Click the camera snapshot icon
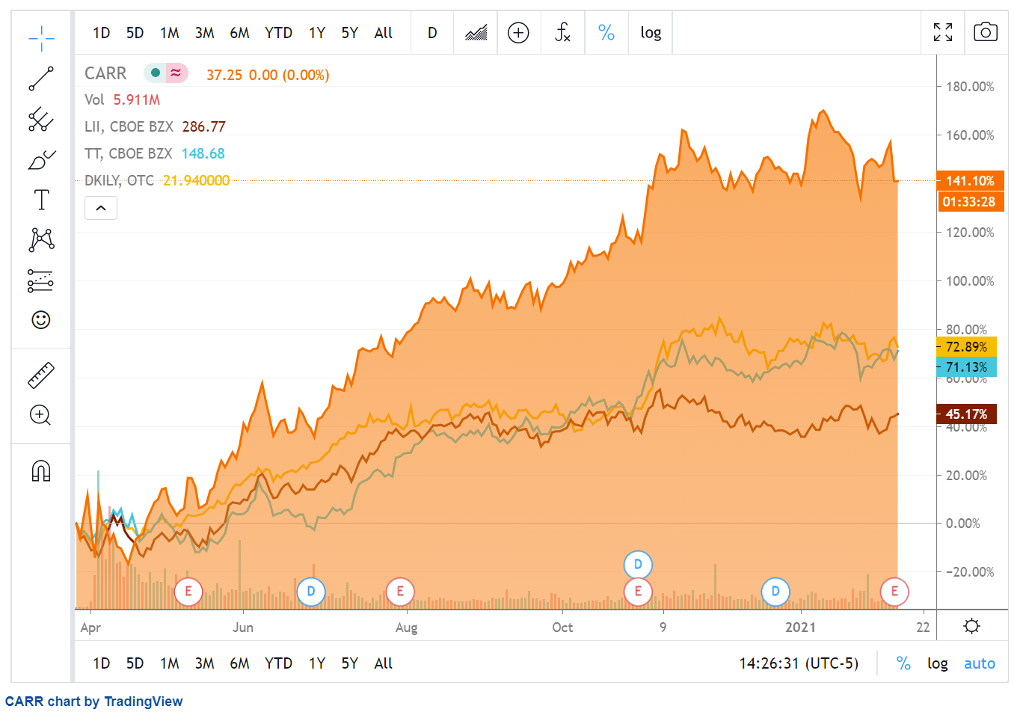point(985,32)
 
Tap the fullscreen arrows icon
point(943,32)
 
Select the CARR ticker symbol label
point(105,73)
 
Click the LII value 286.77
point(203,126)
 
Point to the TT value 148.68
point(203,153)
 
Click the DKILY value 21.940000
point(196,180)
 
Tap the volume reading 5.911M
point(137,99)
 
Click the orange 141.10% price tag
point(970,181)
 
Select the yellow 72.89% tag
point(966,347)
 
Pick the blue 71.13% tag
point(966,367)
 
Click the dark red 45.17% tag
point(966,414)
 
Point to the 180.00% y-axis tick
point(970,87)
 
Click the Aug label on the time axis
point(406,627)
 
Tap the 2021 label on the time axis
point(800,627)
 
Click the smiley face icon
point(41,320)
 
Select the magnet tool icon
point(41,471)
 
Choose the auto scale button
point(979,663)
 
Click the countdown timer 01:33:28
point(968,202)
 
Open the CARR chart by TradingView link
point(93,702)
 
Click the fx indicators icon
point(562,32)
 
